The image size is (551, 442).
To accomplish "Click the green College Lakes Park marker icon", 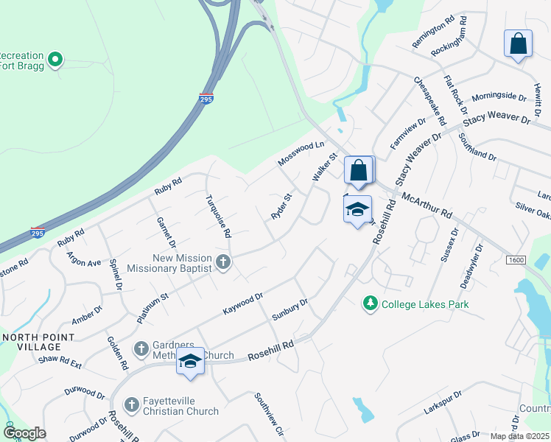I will click(x=369, y=304).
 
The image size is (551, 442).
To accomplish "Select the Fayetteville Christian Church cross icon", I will click(x=132, y=404).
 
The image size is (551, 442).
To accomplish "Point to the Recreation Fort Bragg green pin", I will click(x=55, y=59).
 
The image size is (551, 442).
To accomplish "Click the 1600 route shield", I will click(x=516, y=259).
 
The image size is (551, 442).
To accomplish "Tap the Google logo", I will click(x=24, y=433).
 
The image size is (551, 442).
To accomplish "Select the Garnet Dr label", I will click(x=166, y=231).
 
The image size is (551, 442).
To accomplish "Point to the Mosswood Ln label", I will click(x=301, y=154).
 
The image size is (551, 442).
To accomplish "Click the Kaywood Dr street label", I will click(x=243, y=304).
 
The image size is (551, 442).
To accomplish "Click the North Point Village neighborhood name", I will click(x=38, y=342).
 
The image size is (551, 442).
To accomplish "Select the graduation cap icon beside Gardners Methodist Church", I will click(x=190, y=362).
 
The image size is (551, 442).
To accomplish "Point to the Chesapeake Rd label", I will click(x=429, y=100).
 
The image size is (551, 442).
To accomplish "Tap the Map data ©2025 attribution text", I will click(x=520, y=436).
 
